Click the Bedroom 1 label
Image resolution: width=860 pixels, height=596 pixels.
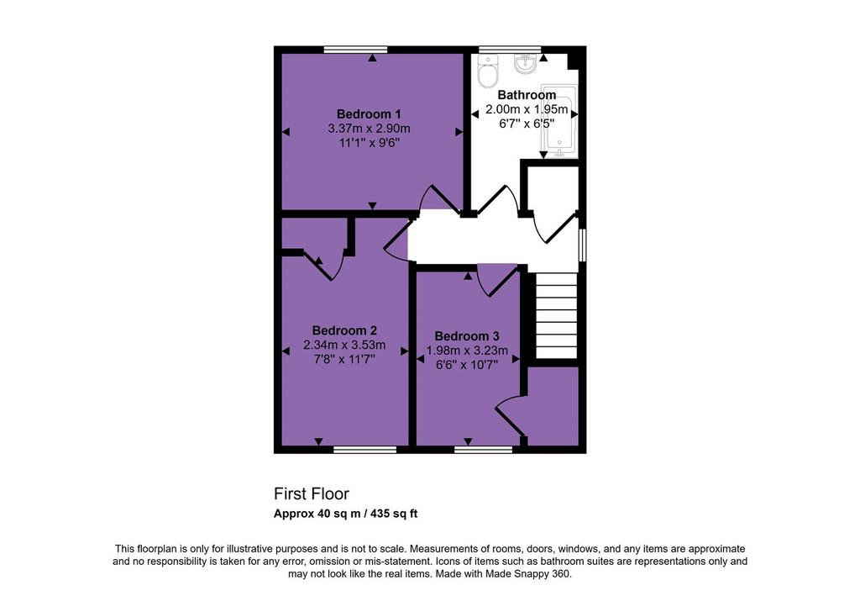point(369,114)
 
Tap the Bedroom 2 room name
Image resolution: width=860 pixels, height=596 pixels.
point(344,330)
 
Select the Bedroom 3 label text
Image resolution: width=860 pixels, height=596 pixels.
point(467,336)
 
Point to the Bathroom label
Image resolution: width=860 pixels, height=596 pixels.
point(527,95)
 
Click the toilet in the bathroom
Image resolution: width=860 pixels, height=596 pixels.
point(488,71)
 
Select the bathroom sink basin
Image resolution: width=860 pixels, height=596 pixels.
point(526,64)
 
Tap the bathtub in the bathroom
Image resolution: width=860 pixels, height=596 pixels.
point(558,121)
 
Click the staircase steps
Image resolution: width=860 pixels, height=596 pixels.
point(556,316)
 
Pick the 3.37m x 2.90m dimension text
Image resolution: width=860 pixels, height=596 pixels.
point(370,129)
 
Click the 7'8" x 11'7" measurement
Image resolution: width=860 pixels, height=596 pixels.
point(344,360)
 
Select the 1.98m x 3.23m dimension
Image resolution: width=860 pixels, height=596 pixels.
point(467,351)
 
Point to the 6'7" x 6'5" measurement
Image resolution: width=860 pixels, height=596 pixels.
point(527,124)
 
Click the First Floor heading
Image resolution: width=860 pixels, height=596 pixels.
point(312,494)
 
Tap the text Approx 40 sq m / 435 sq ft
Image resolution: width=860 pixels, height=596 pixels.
point(345,514)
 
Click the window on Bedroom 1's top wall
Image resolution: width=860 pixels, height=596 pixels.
point(355,50)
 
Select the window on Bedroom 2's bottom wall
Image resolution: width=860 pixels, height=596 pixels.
point(364,450)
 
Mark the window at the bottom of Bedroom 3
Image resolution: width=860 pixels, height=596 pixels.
point(483,450)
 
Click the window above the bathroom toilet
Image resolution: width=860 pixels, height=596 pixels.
point(510,50)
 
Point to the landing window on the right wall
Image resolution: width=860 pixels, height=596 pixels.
point(583,245)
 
